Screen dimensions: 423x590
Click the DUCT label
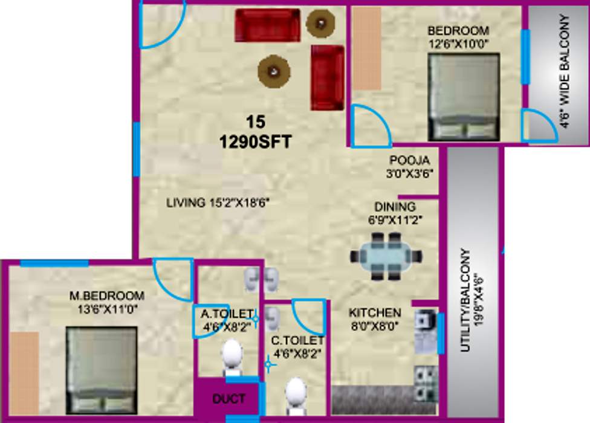[x=229, y=399]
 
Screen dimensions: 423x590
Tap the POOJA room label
[x=409, y=161]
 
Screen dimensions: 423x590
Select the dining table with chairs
[x=385, y=256]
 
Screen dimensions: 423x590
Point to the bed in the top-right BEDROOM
[x=464, y=97]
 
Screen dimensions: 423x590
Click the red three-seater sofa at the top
[x=267, y=25]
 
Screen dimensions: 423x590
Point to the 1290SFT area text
[x=256, y=143]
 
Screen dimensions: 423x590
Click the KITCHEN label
[x=375, y=312]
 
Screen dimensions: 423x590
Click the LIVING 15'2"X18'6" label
[x=222, y=203]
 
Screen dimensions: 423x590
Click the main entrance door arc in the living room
[x=161, y=27]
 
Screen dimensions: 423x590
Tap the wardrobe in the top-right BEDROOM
[x=366, y=48]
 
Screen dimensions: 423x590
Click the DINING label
[x=394, y=206]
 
